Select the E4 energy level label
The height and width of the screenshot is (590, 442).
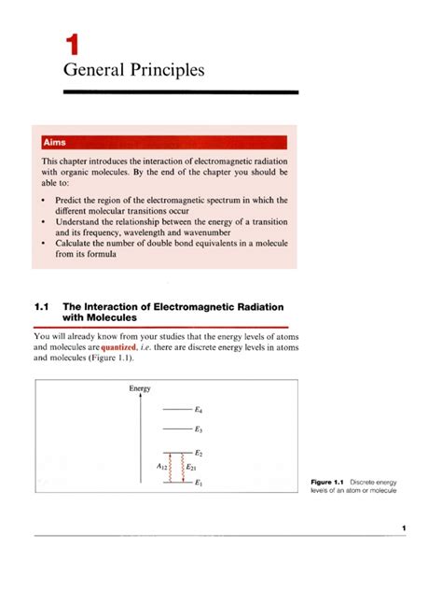pyautogui.click(x=200, y=410)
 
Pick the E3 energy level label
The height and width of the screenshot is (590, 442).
pyautogui.click(x=200, y=430)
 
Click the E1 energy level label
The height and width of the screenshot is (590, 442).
pyautogui.click(x=200, y=483)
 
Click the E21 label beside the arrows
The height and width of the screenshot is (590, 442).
pyautogui.click(x=191, y=467)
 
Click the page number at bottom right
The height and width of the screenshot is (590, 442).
pyautogui.click(x=404, y=528)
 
